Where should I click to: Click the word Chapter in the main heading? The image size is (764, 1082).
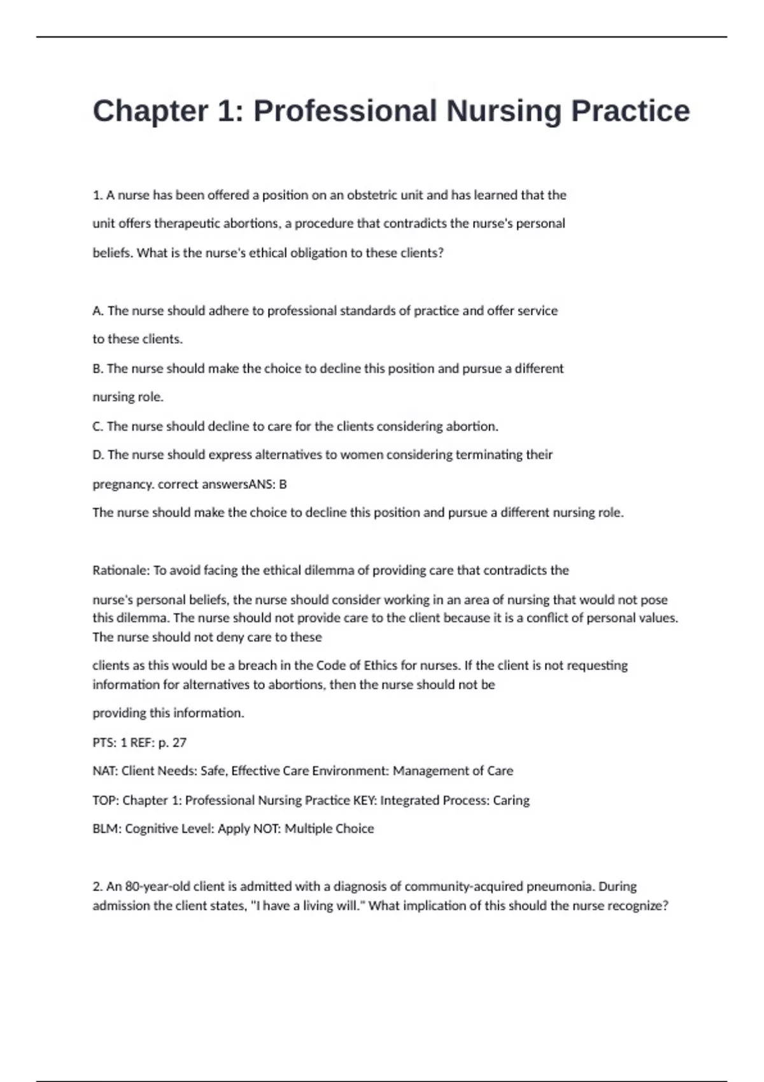point(150,111)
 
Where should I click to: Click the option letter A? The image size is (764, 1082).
point(97,311)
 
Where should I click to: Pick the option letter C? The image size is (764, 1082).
point(97,426)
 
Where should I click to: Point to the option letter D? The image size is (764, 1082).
point(98,455)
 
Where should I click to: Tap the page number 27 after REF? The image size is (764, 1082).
point(179,743)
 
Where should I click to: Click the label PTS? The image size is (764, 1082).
point(104,743)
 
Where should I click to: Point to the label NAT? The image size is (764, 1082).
point(105,771)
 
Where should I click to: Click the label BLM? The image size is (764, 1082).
point(106,829)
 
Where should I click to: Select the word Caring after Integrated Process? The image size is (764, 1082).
point(511,800)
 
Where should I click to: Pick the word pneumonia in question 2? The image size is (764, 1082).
point(560,887)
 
